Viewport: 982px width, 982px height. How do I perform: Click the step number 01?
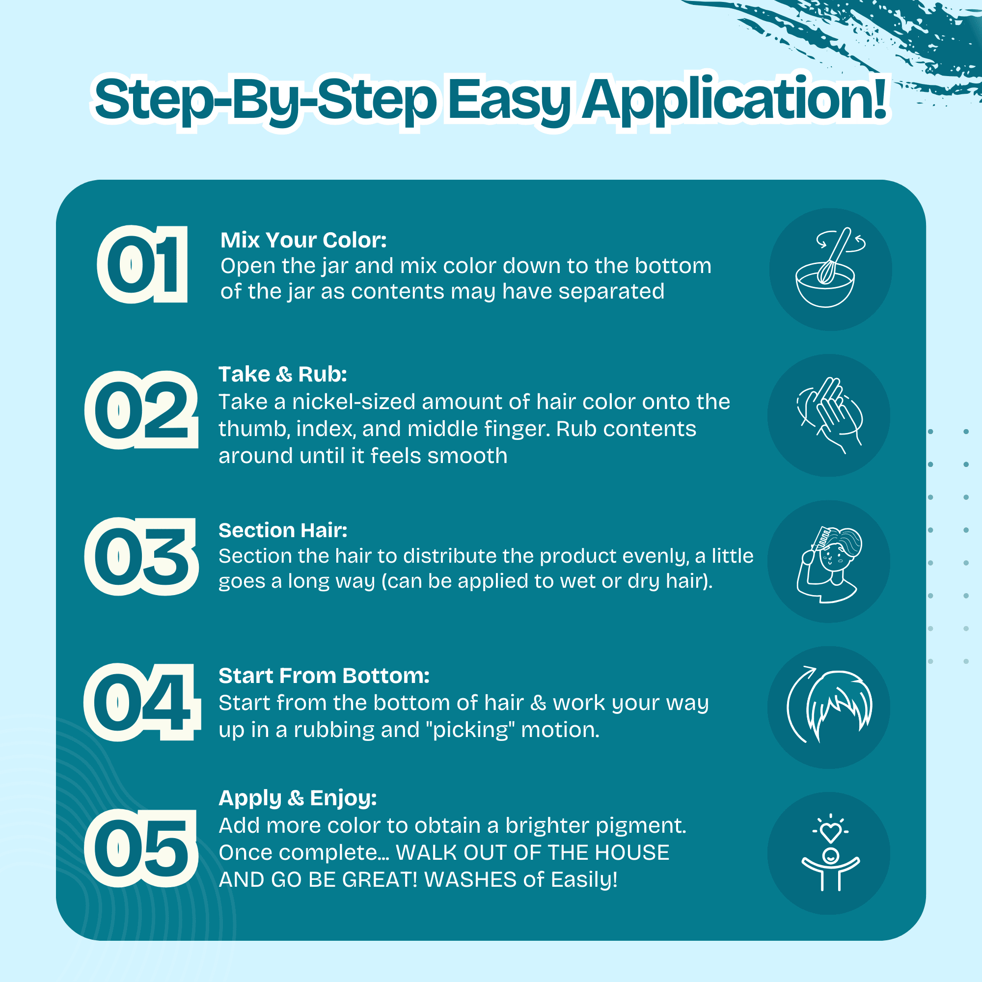coord(142,264)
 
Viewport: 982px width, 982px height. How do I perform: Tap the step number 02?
coord(141,409)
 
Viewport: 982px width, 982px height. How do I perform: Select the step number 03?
coord(141,556)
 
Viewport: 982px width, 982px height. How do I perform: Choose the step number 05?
coord(141,848)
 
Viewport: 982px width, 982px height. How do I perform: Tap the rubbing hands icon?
coord(829,415)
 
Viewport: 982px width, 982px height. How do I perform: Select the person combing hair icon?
coord(829,564)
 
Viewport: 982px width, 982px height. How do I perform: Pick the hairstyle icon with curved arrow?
coord(829,705)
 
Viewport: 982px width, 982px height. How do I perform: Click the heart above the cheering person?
coord(831,833)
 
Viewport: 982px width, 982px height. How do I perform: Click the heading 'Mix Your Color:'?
coord(303,240)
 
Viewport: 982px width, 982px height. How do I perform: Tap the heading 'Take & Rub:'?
coord(283,374)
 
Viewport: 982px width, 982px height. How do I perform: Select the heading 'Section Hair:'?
coord(283,530)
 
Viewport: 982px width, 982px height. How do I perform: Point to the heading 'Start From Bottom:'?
coord(324,676)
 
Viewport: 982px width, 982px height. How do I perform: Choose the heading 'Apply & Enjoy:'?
coord(298,798)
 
